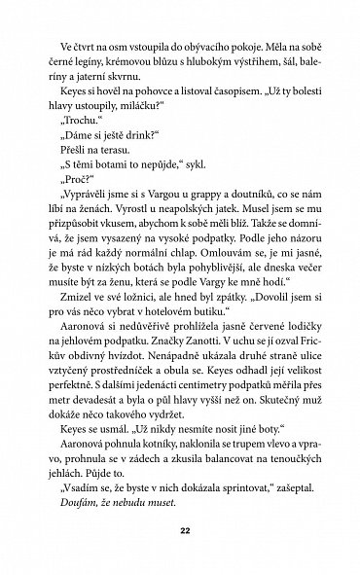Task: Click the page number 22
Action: pos(179,530)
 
